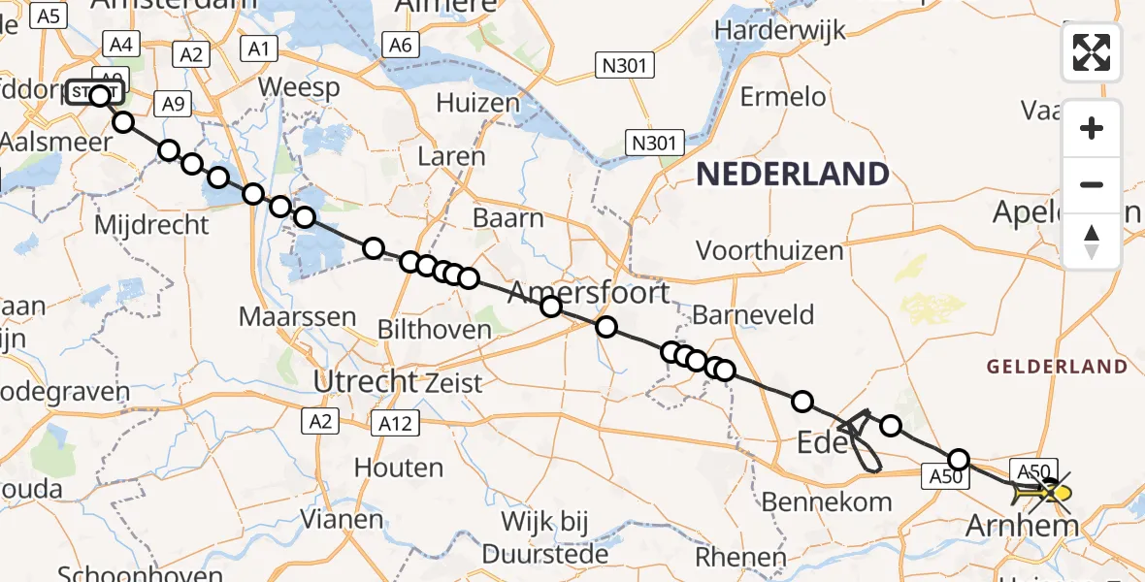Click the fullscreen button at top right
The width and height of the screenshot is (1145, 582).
click(1092, 52)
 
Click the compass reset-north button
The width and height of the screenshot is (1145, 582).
click(1092, 242)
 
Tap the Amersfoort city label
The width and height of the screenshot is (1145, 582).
click(588, 292)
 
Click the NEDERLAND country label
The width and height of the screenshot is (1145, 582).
click(793, 175)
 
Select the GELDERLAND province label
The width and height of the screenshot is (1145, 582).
click(1058, 367)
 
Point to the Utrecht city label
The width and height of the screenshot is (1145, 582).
click(365, 382)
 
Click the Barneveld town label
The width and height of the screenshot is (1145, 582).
click(753, 315)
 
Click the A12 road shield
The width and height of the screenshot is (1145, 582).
click(395, 423)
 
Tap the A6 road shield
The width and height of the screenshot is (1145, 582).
click(401, 45)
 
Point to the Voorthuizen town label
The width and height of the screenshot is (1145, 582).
click(769, 250)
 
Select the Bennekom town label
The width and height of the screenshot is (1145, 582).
click(827, 501)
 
